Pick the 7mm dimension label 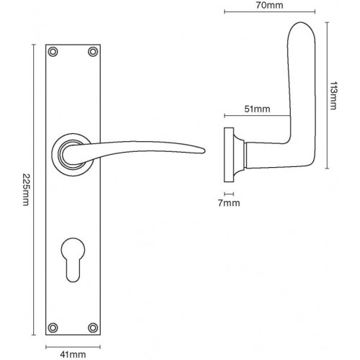coord(228,204)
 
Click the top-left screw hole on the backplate coord(53,51)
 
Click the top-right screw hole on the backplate coord(91,51)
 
